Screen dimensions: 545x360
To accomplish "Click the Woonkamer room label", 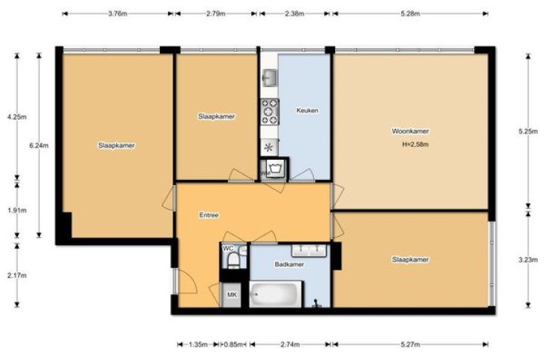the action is point(410,131).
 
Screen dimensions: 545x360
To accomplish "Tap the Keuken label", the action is point(307,110).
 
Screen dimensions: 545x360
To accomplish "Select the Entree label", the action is point(209,215).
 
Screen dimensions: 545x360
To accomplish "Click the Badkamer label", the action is point(289,264).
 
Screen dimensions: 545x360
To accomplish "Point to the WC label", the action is point(228,248).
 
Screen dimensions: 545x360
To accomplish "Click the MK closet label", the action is point(232,295).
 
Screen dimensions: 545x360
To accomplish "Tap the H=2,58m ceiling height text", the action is point(415,144).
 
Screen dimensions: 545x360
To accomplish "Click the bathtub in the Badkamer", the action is point(275,294).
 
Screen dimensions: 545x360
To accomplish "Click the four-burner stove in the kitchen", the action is point(270,112).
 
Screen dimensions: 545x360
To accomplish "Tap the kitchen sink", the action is point(269,77).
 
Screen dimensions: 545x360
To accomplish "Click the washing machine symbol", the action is point(275,169).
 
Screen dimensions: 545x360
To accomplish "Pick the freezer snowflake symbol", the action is point(269,148).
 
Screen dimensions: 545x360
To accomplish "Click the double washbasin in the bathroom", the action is point(309,250).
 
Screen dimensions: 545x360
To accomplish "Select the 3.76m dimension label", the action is point(118,14).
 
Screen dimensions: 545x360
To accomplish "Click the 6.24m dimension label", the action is point(39,145).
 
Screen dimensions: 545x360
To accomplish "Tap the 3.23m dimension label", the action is point(528,259).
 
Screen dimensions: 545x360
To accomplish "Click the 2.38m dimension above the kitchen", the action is point(295,14).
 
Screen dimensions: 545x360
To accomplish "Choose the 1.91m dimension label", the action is point(16,211).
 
